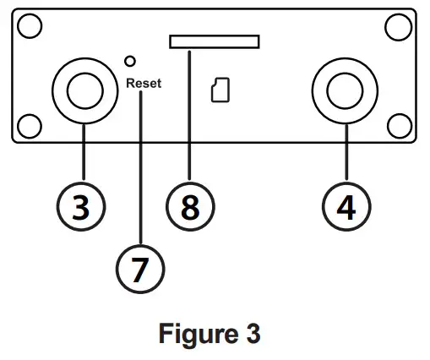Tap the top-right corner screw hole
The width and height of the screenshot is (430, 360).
397,27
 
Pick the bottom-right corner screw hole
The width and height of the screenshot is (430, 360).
397,126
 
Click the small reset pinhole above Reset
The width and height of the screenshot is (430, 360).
130,62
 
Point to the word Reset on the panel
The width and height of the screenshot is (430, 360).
143,83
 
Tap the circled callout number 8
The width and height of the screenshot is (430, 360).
191,206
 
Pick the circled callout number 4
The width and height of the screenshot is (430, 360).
346,206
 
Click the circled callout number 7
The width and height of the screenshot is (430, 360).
141,268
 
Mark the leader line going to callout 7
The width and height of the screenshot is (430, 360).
141,169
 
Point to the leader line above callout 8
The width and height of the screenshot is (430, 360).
191,118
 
